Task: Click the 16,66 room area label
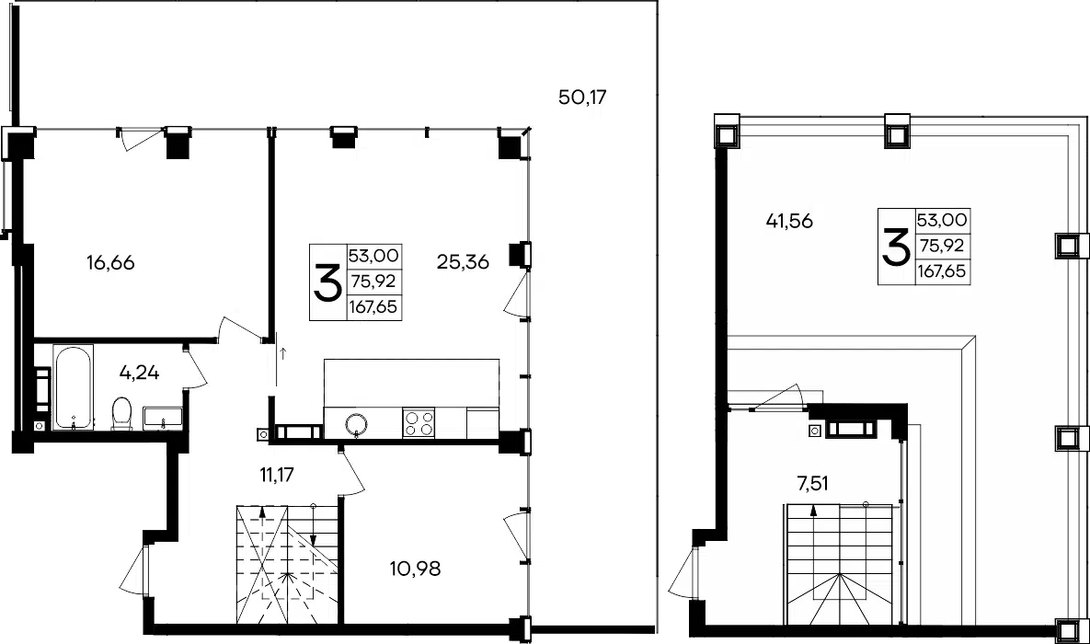pyautogui.click(x=109, y=263)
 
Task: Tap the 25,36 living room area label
pyautogui.click(x=463, y=262)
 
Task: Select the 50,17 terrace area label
pyautogui.click(x=582, y=97)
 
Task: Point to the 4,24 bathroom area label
pyautogui.click(x=139, y=373)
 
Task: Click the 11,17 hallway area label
pyautogui.click(x=277, y=475)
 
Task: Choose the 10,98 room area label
pyautogui.click(x=415, y=569)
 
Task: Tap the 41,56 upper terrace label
pyautogui.click(x=789, y=221)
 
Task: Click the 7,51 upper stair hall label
pyautogui.click(x=812, y=483)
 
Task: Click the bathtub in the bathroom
pyautogui.click(x=73, y=386)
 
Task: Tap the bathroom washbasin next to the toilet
pyautogui.click(x=163, y=418)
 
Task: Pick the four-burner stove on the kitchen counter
pyautogui.click(x=419, y=423)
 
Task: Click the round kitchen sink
pyautogui.click(x=357, y=423)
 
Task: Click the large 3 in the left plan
pyautogui.click(x=327, y=282)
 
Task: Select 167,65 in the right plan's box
pyautogui.click(x=942, y=271)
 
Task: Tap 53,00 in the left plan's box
pyautogui.click(x=373, y=255)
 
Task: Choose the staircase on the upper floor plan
pyautogui.click(x=840, y=560)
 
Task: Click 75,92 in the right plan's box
pyautogui.click(x=942, y=246)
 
